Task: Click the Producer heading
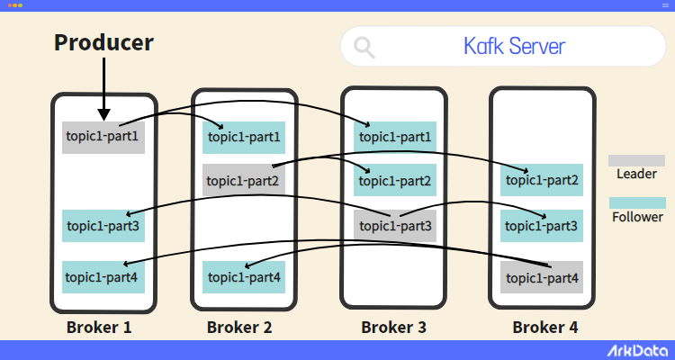(103, 41)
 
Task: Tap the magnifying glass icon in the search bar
(364, 47)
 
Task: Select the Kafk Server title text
(514, 46)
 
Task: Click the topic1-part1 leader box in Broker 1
(103, 138)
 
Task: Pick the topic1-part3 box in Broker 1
(103, 225)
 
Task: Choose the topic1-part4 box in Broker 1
(103, 276)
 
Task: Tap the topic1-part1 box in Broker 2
(244, 138)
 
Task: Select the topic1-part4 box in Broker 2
(244, 276)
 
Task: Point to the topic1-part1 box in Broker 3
(395, 138)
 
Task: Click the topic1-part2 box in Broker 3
(395, 181)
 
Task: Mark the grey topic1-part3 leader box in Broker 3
(395, 225)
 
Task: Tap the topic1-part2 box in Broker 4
(542, 180)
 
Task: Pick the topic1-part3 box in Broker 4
(542, 225)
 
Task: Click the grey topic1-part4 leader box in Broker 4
(542, 277)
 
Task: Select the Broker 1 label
(99, 327)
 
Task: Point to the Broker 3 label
(394, 327)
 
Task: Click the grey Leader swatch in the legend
(636, 160)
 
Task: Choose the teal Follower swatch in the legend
(636, 202)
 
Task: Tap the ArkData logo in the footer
(634, 349)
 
